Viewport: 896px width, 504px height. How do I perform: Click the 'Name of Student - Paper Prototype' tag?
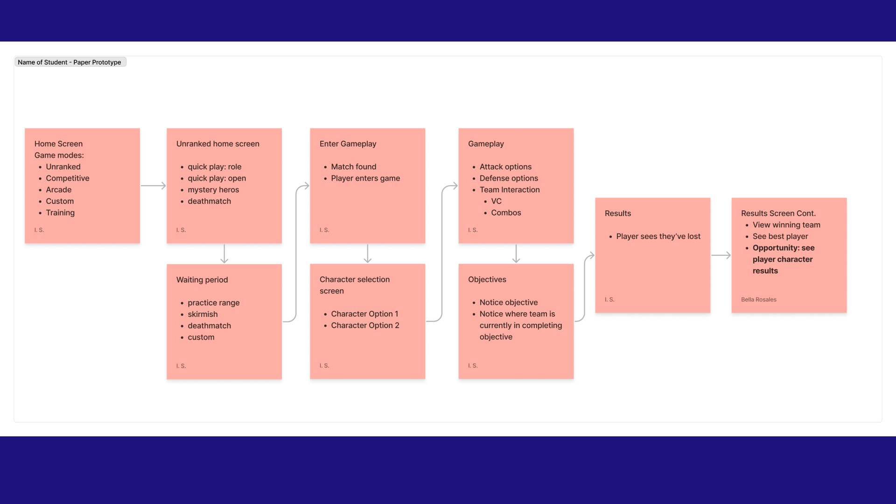click(70, 62)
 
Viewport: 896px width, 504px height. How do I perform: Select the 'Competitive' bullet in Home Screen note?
click(67, 178)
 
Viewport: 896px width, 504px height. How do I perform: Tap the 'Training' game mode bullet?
click(60, 213)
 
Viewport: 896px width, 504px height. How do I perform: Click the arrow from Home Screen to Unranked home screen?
click(153, 186)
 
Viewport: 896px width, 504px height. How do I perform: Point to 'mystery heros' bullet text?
click(213, 190)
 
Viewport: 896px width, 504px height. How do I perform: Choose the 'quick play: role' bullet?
click(214, 167)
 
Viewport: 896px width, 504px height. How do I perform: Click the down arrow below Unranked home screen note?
click(224, 253)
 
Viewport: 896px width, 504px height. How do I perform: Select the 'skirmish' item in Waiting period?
click(203, 315)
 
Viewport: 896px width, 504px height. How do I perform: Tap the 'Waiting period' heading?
click(202, 280)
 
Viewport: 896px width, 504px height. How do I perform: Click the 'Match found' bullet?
click(353, 167)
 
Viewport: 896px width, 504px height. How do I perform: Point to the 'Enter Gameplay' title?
click(348, 144)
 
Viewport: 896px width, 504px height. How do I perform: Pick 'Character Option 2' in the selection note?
click(365, 326)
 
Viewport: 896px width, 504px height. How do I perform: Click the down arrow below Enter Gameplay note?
click(368, 253)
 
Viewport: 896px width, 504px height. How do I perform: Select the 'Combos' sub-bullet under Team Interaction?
click(506, 213)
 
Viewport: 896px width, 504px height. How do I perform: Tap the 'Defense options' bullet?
click(509, 178)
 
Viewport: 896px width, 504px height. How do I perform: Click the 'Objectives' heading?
click(487, 280)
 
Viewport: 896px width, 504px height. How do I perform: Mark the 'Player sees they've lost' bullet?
click(658, 237)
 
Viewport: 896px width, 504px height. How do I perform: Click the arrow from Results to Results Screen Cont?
click(721, 255)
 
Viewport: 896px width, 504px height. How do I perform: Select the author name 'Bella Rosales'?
click(758, 300)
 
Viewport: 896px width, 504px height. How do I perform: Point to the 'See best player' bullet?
click(780, 237)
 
